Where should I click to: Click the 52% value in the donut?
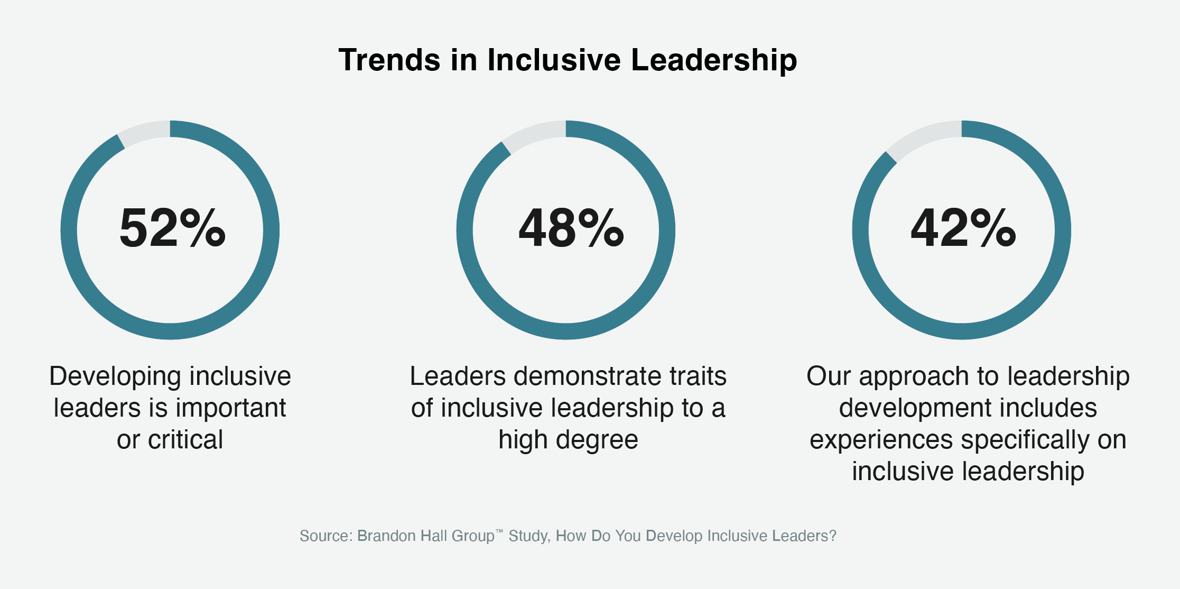coord(172,228)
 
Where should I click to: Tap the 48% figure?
coord(571,228)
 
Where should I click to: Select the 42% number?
coord(963,228)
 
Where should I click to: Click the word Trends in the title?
coord(389,60)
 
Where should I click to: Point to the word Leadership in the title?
coord(714,60)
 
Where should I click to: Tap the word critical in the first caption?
coord(185,440)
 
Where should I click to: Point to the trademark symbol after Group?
coord(499,531)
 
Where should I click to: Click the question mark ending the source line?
coord(833,536)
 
